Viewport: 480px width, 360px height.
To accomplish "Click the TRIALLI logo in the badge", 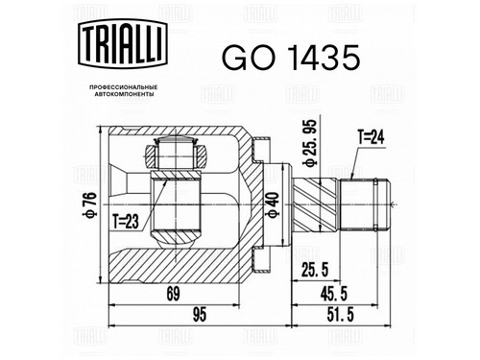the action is [x=123, y=44].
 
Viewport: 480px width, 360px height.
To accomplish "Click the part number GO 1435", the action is [x=291, y=58].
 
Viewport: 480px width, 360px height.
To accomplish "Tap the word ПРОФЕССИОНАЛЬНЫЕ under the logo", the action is [x=123, y=87].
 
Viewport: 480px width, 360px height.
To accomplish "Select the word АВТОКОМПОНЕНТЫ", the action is [x=123, y=94].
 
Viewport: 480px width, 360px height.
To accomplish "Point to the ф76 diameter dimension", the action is [x=89, y=204].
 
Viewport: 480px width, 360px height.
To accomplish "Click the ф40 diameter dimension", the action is [x=273, y=205].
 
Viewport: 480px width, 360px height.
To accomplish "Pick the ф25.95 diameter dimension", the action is [x=309, y=143].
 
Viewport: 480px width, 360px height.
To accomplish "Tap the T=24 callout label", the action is [x=371, y=138].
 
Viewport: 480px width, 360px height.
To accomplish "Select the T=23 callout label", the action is [x=126, y=222].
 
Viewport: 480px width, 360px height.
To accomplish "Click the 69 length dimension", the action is [x=174, y=294].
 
